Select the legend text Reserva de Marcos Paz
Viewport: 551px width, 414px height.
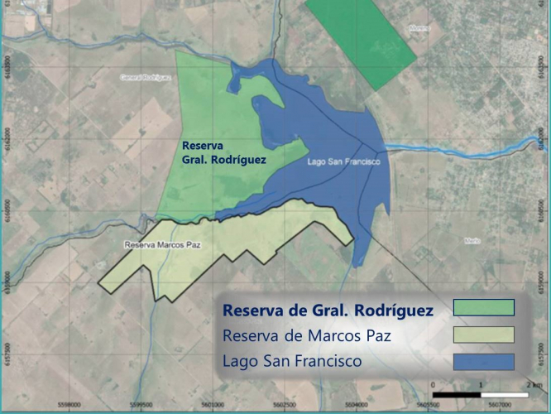pyautogui.click(x=305, y=336)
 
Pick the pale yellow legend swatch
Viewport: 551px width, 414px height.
pyautogui.click(x=484, y=335)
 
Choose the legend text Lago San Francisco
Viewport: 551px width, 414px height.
pyautogui.click(x=291, y=362)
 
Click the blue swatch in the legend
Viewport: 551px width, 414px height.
pyautogui.click(x=484, y=362)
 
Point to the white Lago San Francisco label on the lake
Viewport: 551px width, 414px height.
pyautogui.click(x=343, y=162)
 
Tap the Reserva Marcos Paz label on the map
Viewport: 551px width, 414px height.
pyautogui.click(x=163, y=245)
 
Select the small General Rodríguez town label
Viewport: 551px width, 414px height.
pyautogui.click(x=145, y=76)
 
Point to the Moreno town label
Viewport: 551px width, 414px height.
pyautogui.click(x=419, y=27)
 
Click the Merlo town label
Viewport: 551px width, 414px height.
pyautogui.click(x=472, y=241)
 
